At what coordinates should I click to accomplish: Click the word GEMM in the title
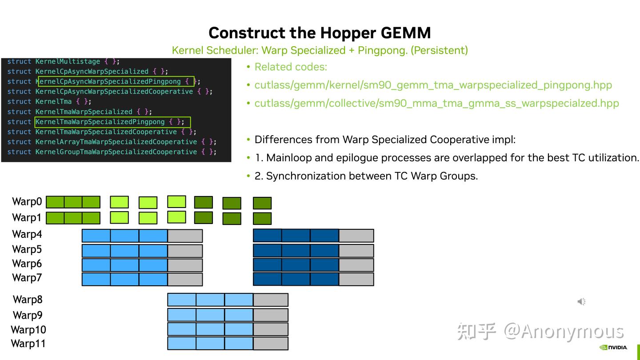(x=406, y=33)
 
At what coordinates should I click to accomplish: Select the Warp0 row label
(x=27, y=202)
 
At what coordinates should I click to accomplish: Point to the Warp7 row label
(x=27, y=278)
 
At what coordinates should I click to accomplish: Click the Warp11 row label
(x=28, y=344)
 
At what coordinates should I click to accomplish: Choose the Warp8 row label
(x=28, y=300)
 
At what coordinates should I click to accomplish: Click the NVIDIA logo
(x=613, y=348)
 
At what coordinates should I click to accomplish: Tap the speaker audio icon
(x=581, y=301)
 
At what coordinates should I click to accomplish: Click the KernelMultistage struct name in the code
(x=68, y=61)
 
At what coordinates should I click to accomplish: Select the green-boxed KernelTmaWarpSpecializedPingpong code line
(x=112, y=122)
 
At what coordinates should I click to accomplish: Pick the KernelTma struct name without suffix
(x=53, y=102)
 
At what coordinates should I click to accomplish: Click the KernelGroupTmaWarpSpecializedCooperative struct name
(x=116, y=152)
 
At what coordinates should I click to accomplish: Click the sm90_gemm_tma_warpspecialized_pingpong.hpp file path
(x=433, y=85)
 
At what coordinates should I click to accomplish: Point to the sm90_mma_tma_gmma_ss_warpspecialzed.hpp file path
(x=436, y=104)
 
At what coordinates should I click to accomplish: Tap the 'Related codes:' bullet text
(x=291, y=67)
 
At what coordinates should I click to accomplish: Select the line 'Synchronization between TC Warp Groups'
(x=366, y=176)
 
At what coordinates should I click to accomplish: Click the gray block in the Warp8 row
(x=271, y=300)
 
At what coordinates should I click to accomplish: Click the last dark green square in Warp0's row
(x=262, y=203)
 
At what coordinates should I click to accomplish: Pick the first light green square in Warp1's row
(x=119, y=218)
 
